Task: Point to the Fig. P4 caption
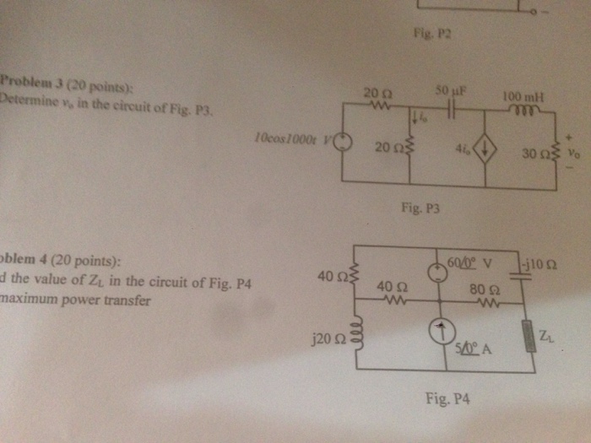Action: point(442,399)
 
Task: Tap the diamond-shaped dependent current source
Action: point(485,152)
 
